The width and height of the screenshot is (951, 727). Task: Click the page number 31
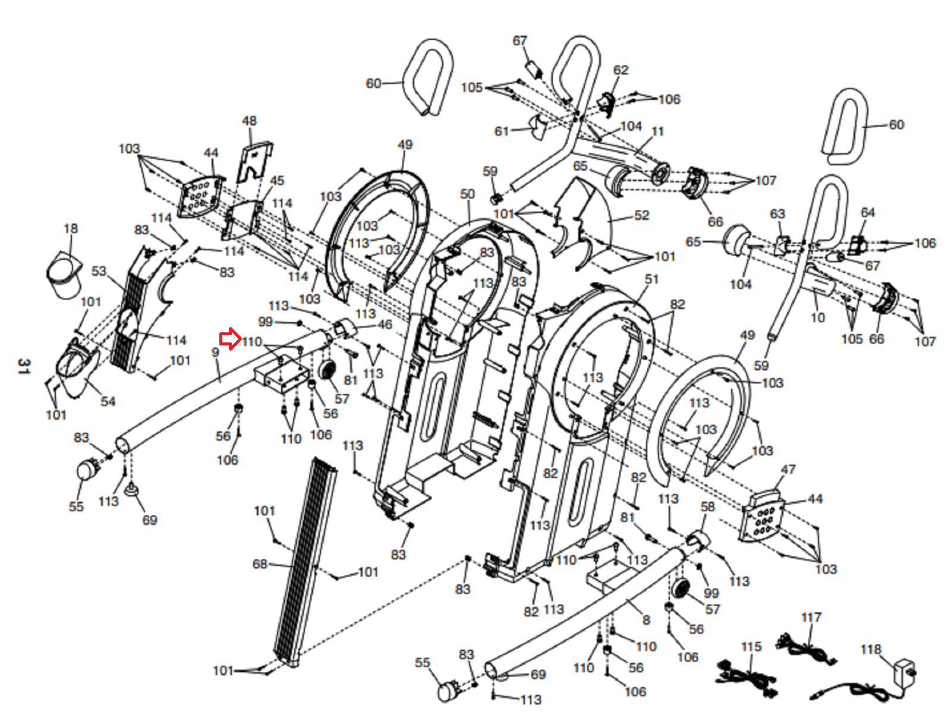coord(23,366)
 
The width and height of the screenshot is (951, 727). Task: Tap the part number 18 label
coord(70,229)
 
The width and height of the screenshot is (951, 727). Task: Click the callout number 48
coord(249,121)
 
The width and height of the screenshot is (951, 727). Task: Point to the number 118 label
coord(871,649)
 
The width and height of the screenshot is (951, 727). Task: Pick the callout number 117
coord(811,618)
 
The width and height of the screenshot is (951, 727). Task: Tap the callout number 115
coord(751,647)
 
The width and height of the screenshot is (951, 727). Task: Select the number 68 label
coord(260,564)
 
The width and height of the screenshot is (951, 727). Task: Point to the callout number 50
coord(467,194)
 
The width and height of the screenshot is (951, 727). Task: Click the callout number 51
coord(651,279)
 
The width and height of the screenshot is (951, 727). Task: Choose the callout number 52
coord(642,215)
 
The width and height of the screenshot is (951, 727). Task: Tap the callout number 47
coord(788,470)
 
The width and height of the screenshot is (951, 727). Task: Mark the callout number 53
coord(99,272)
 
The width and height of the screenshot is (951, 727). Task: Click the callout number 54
coord(108,401)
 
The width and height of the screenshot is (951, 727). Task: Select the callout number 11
coord(657,131)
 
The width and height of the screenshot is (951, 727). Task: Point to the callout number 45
coord(277,181)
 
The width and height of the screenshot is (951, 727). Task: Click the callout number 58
coord(707,506)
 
